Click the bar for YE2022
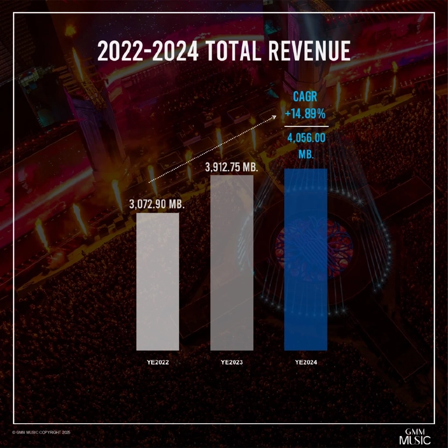[x=157, y=281]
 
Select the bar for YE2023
[x=232, y=263]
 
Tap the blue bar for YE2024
[x=306, y=259]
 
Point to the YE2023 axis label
[x=232, y=362]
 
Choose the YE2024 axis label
[x=306, y=362]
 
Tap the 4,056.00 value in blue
[x=307, y=139]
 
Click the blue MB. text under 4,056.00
[x=306, y=154]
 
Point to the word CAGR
[x=306, y=97]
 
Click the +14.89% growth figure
[x=306, y=114]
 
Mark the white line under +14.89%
[x=306, y=126]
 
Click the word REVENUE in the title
[x=310, y=51]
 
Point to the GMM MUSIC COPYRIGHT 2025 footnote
[x=41, y=433]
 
